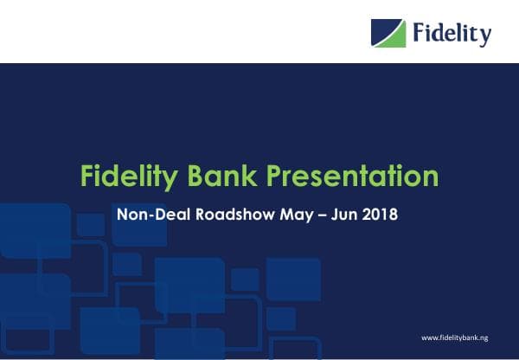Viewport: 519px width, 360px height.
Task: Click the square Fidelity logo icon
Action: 388,34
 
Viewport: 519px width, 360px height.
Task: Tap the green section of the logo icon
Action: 395,38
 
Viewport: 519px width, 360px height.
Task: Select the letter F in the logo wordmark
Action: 420,33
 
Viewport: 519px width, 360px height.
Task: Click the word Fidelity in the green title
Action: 126,176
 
